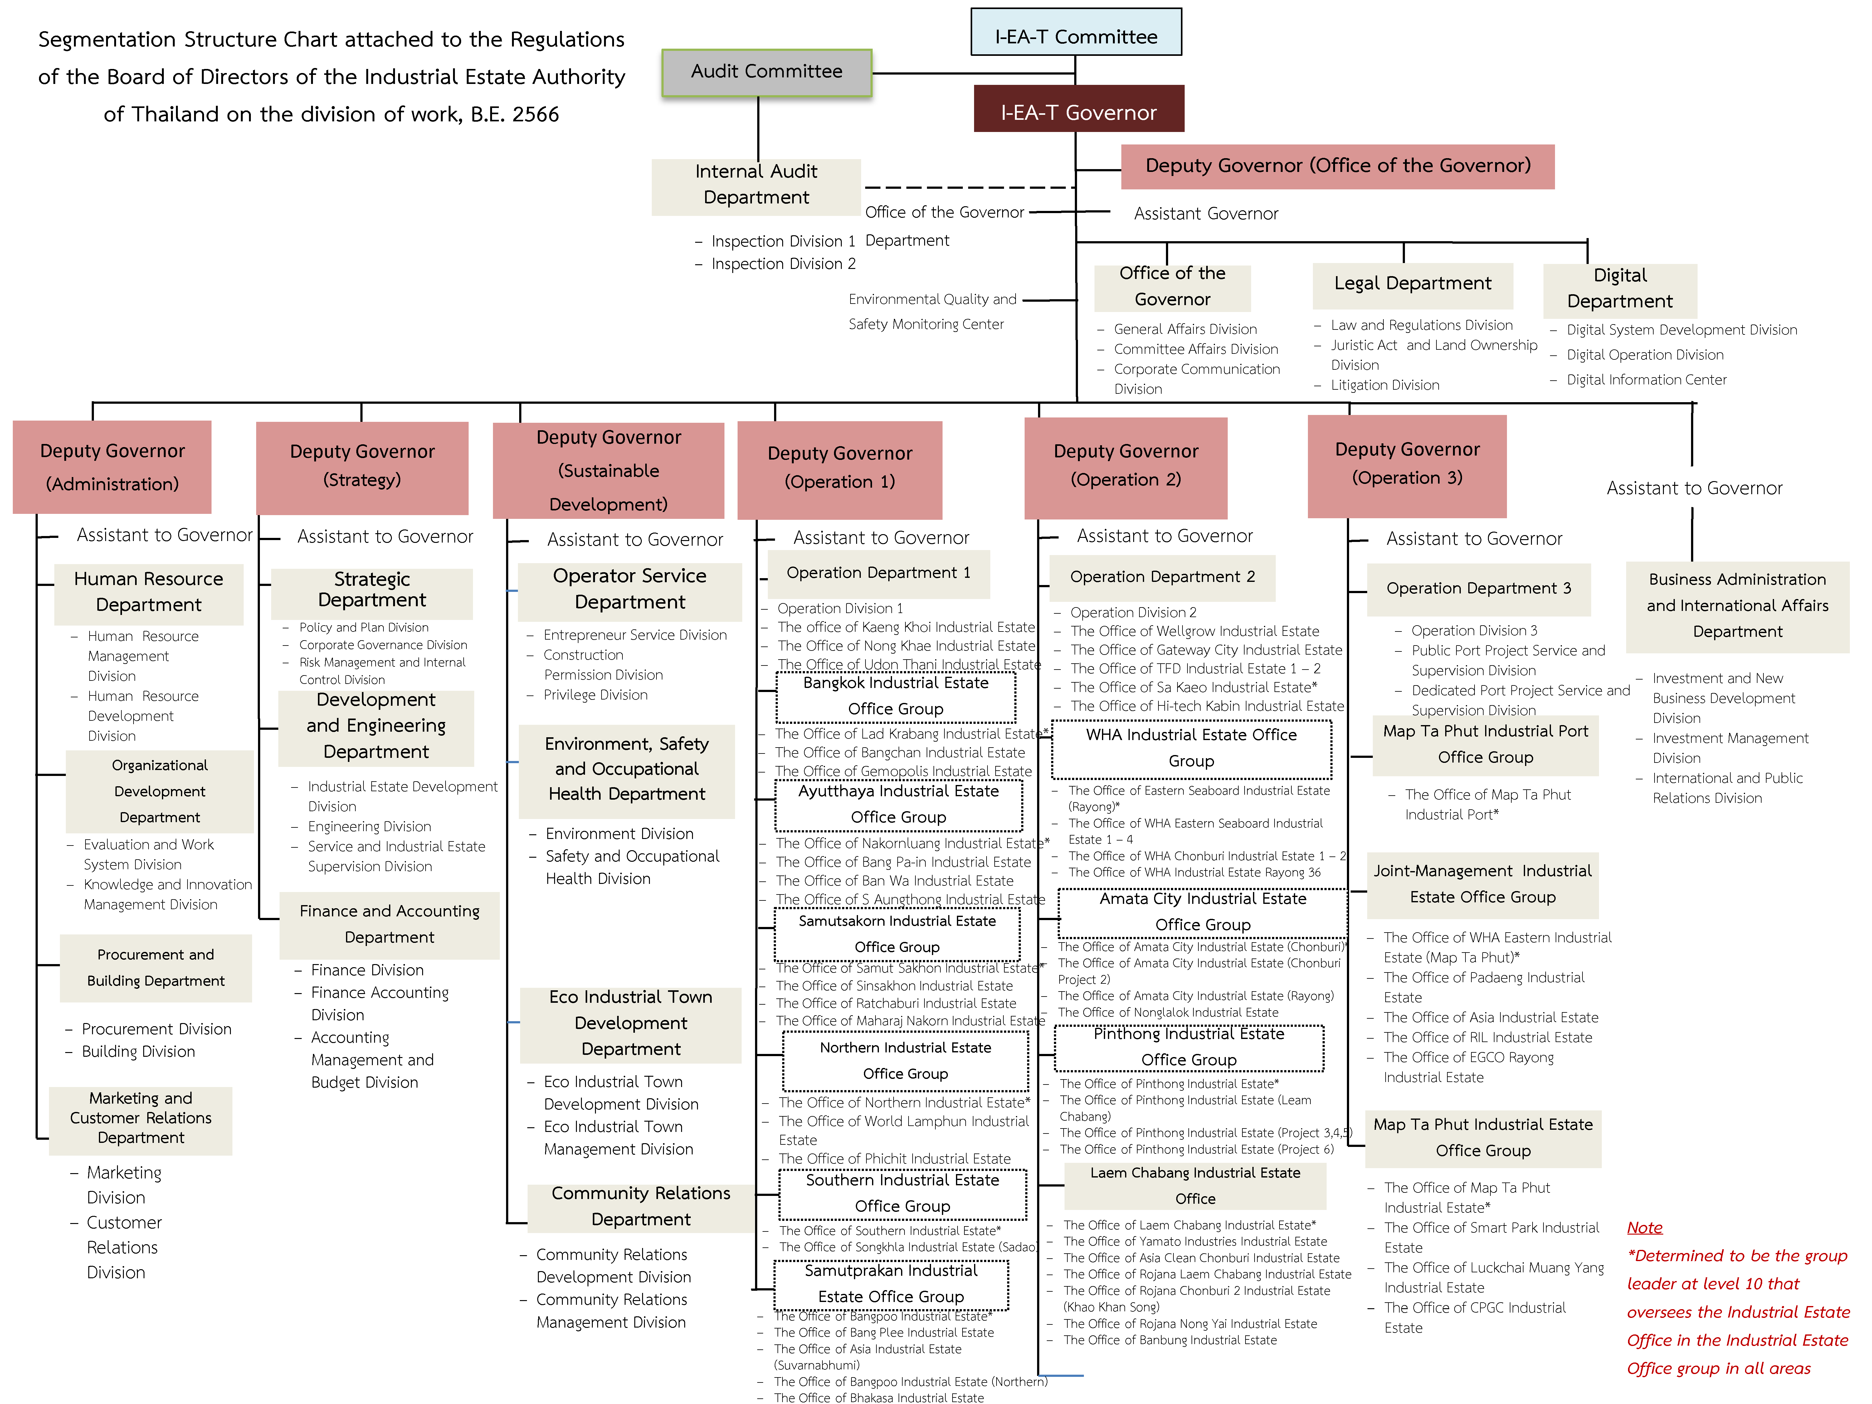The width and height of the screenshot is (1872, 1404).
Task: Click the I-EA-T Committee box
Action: tap(1076, 32)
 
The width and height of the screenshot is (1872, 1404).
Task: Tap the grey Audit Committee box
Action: tap(767, 72)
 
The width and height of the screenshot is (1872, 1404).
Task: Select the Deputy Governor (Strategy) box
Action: tap(362, 468)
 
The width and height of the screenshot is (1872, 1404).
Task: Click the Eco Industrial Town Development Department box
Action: tap(631, 1024)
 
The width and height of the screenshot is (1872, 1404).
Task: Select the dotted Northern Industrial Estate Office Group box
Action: tap(905, 1061)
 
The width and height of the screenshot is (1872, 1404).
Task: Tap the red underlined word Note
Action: tap(1644, 1227)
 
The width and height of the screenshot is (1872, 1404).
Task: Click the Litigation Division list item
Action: tap(1385, 385)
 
